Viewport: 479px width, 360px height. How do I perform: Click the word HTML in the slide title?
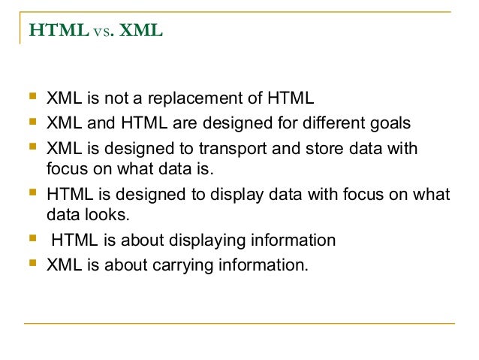tap(50, 32)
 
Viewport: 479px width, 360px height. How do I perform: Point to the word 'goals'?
tap(390, 123)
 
